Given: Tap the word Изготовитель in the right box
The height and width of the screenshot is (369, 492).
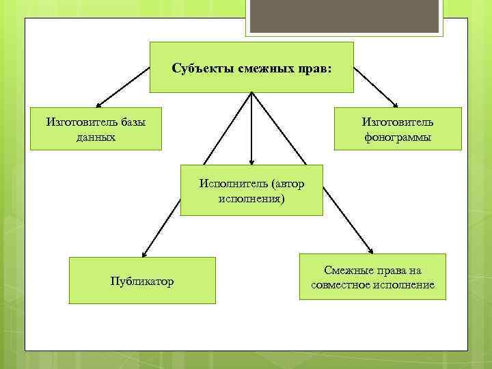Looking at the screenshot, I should point(397,122).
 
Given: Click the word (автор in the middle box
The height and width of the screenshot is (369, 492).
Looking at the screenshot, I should point(286,184).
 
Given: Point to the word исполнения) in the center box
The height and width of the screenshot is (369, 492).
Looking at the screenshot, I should point(251,199).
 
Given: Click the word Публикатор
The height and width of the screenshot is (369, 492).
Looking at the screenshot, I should point(142,281).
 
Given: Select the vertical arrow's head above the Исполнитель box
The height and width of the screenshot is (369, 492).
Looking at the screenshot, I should point(251,162).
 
